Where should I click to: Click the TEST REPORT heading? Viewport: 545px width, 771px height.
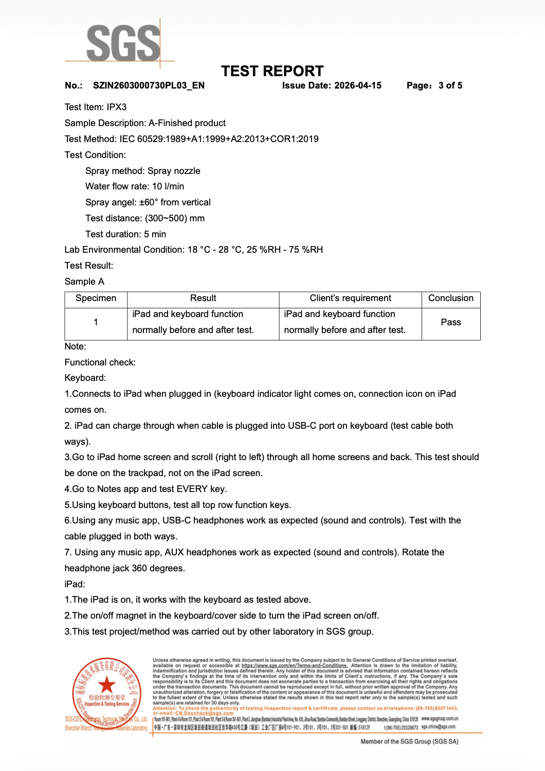tap(272, 71)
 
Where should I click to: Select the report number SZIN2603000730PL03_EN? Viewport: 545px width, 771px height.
tap(149, 85)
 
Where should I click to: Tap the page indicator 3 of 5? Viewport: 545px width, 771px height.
tap(450, 85)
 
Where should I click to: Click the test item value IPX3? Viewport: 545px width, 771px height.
tap(117, 107)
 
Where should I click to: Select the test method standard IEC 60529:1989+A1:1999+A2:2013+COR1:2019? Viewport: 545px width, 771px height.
tap(219, 139)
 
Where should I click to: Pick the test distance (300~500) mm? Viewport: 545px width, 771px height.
tap(175, 218)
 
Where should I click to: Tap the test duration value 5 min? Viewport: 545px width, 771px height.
tap(155, 234)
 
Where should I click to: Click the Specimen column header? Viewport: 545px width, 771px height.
tap(96, 299)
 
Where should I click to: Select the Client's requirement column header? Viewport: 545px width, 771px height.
tap(350, 299)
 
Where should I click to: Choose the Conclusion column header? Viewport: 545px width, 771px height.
tap(450, 299)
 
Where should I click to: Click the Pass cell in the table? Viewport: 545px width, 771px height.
tap(450, 322)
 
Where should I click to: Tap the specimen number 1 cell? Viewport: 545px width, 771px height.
tap(96, 322)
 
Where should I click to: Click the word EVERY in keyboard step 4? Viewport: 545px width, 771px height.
tap(192, 489)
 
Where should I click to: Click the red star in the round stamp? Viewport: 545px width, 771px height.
tap(106, 685)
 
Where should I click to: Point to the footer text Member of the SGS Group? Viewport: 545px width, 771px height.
tap(409, 742)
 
